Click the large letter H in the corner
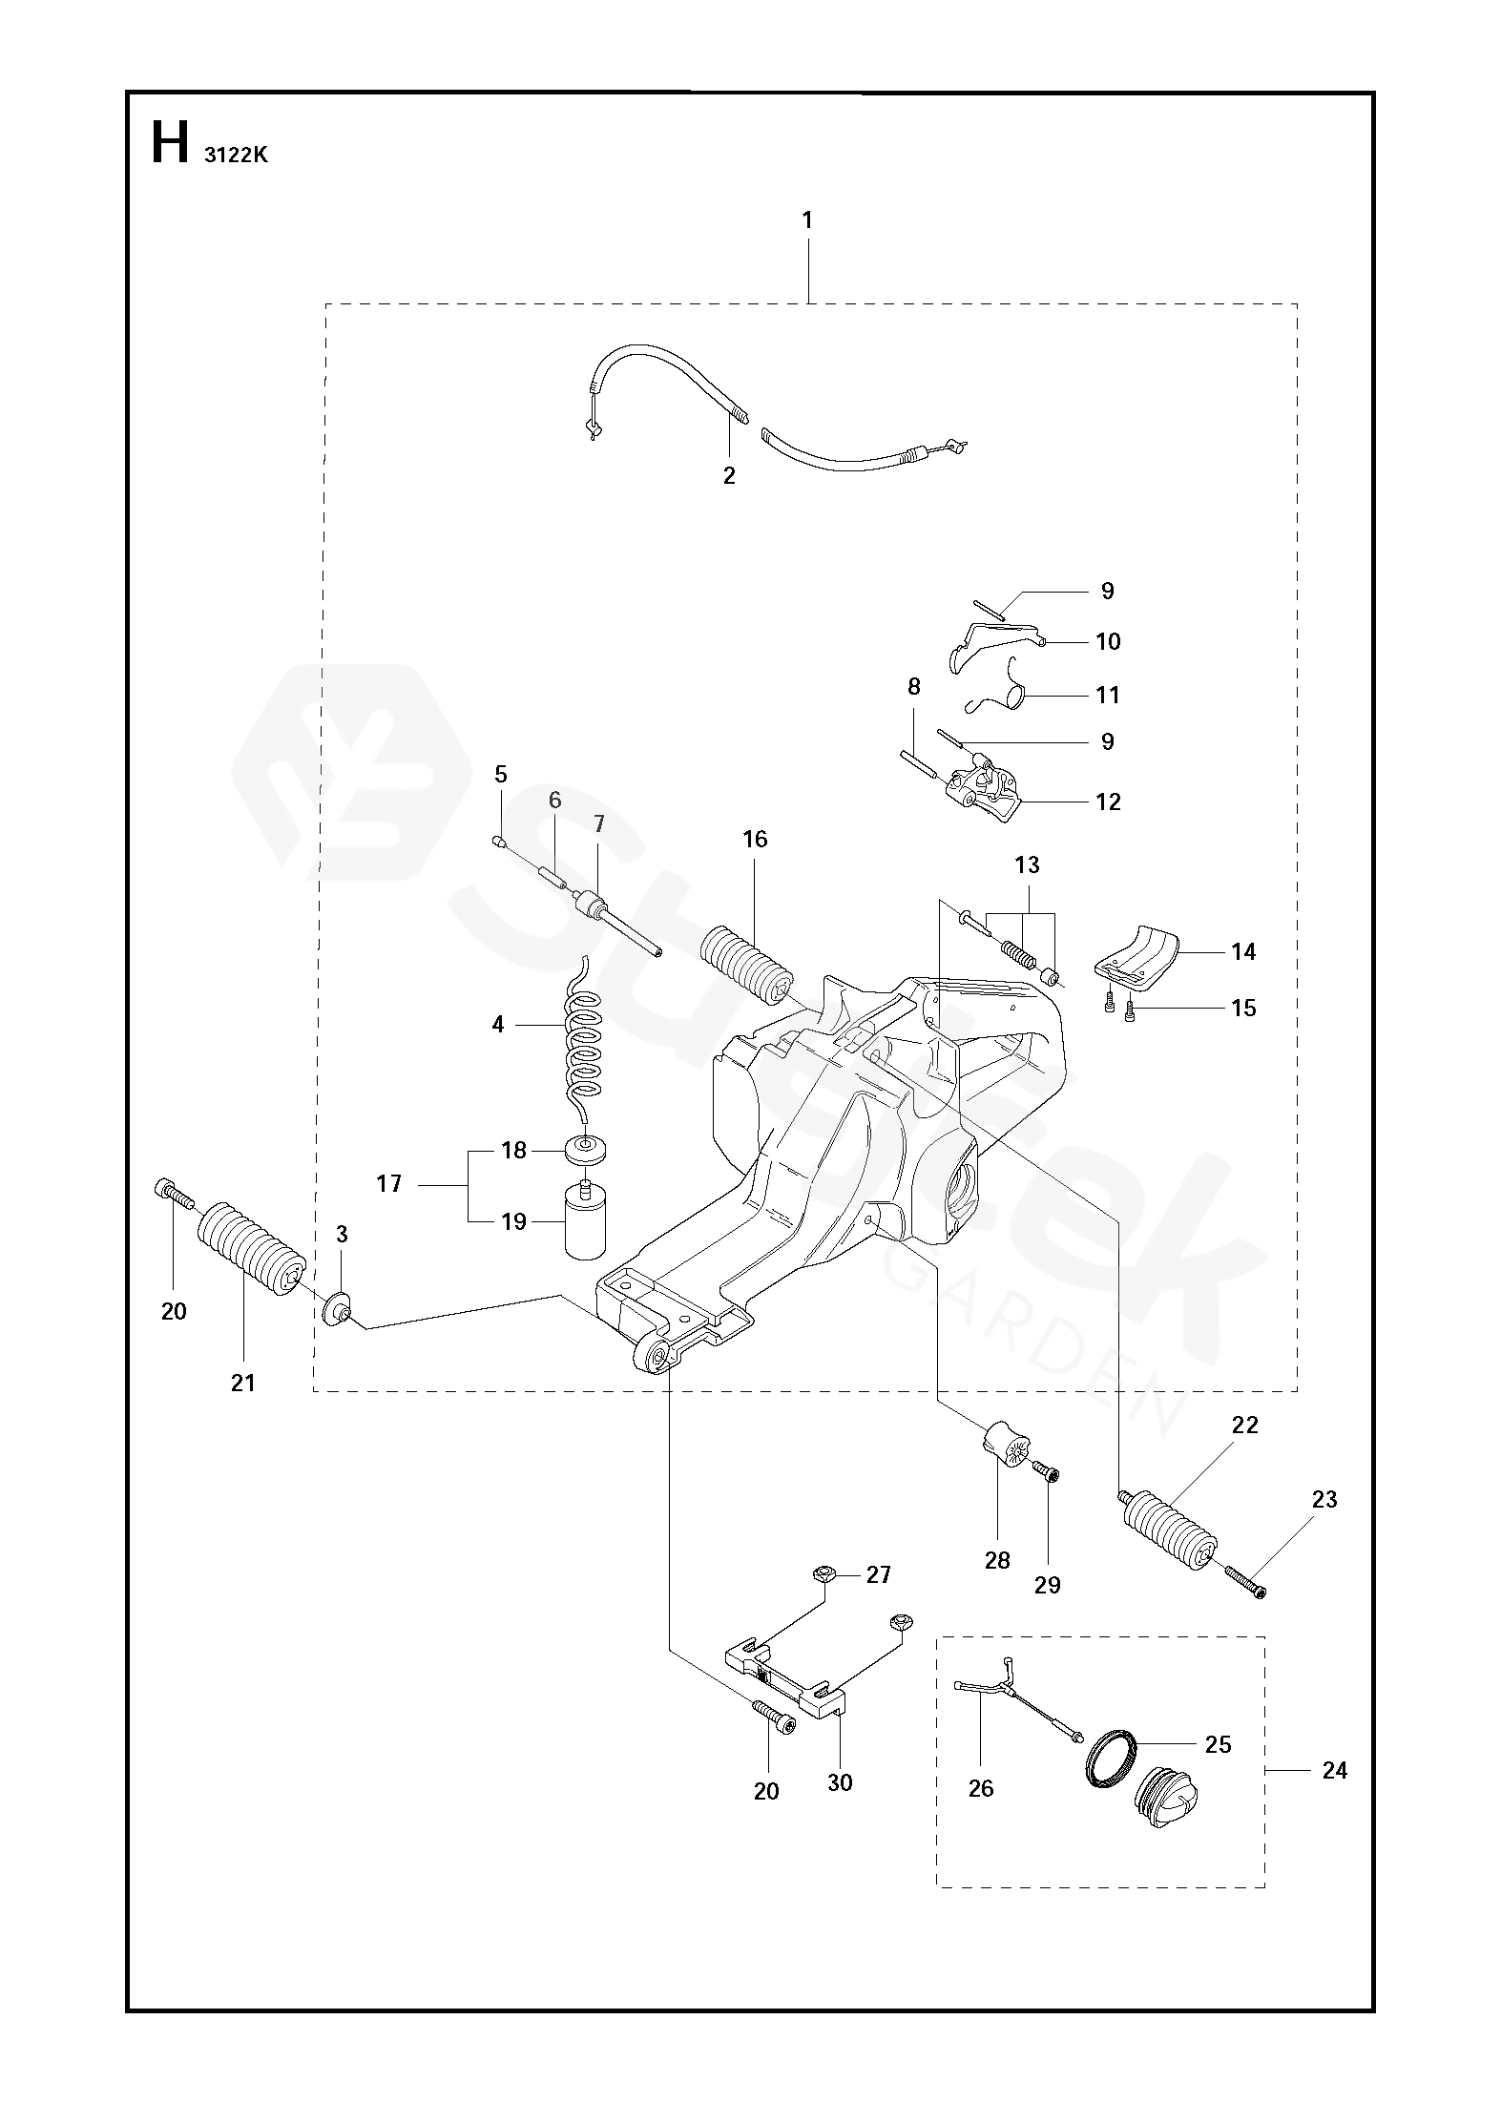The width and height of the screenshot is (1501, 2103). point(170,144)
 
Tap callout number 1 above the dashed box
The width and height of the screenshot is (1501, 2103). point(807,220)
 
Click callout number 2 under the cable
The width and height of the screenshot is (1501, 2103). point(729,476)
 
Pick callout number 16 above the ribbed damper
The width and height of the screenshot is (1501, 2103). point(755,840)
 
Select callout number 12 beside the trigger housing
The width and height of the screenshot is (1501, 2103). point(1108,802)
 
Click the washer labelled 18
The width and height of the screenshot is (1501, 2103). point(585,1151)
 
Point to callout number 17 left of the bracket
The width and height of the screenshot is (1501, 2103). point(389,1184)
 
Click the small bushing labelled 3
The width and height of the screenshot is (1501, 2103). point(336,1307)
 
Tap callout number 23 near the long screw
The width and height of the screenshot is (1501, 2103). point(1324,1499)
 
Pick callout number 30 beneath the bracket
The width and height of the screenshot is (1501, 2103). point(840,1782)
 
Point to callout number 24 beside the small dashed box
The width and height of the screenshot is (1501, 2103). point(1335,1770)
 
